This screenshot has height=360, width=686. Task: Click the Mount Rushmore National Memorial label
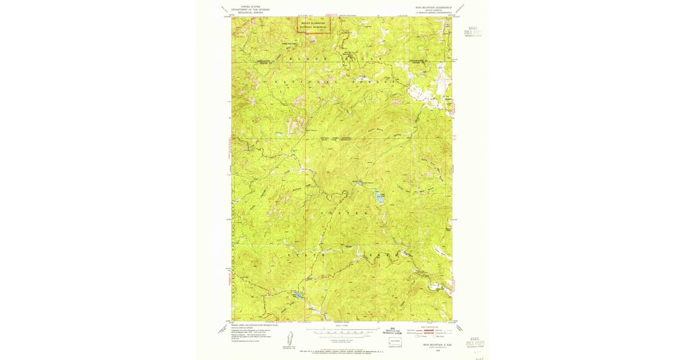pos(312,25)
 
